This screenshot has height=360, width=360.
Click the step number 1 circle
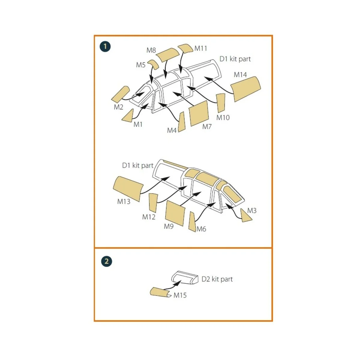click(105, 47)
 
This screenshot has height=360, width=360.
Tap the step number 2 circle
click(106, 261)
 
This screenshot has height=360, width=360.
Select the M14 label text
click(240, 75)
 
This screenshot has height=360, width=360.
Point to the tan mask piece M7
click(199, 113)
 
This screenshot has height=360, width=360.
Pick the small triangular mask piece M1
click(128, 116)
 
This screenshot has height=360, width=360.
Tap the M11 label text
click(201, 48)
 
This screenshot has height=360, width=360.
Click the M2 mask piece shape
click(120, 94)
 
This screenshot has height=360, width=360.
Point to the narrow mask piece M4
click(181, 122)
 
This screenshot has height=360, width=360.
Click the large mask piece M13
click(128, 188)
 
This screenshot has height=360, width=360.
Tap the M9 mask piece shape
click(175, 213)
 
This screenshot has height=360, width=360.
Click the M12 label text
click(149, 217)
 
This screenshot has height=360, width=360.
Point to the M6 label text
click(201, 229)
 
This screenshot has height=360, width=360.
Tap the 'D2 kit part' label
click(217, 279)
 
